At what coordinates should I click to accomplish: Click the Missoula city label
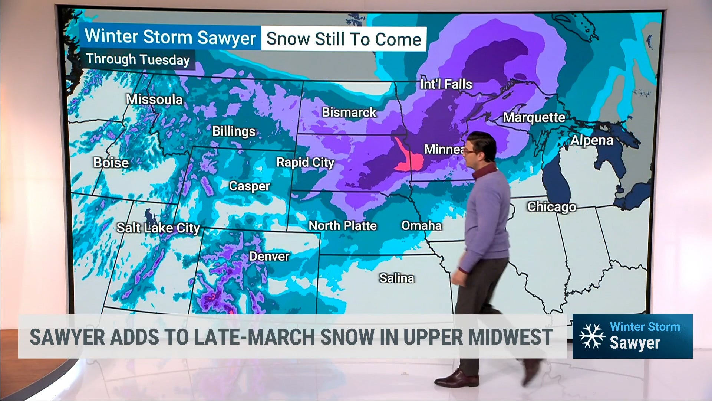click(x=154, y=100)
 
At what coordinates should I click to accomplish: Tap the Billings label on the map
click(x=234, y=131)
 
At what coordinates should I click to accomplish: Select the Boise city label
click(x=111, y=163)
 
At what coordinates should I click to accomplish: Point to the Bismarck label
click(x=349, y=112)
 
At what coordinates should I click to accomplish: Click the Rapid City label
click(x=305, y=162)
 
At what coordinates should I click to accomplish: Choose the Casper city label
click(x=250, y=186)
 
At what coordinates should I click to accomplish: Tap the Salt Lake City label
click(x=158, y=228)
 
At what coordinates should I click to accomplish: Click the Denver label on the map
click(x=269, y=256)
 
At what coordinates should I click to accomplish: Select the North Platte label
click(x=343, y=226)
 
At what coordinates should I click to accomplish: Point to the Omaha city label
click(x=422, y=226)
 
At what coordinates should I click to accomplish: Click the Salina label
click(x=396, y=278)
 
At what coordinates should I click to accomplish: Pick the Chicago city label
click(x=552, y=207)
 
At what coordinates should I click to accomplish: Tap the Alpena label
click(x=592, y=140)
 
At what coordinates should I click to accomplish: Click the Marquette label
click(x=534, y=118)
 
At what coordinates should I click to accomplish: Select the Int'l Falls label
click(x=446, y=84)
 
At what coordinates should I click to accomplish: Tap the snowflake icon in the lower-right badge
click(x=592, y=336)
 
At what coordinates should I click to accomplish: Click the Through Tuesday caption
click(x=138, y=59)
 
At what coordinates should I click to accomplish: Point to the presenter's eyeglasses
click(x=469, y=151)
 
